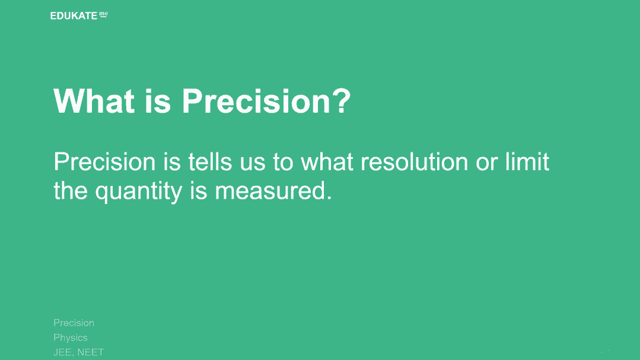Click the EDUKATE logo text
[74, 16]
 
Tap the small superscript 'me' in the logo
[104, 14]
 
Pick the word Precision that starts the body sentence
[104, 162]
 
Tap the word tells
[210, 162]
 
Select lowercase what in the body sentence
[327, 162]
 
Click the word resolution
[414, 162]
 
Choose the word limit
[527, 162]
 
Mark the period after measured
[329, 198]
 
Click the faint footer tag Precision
[74, 323]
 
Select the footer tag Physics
[71, 337]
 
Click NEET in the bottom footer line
[91, 352]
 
